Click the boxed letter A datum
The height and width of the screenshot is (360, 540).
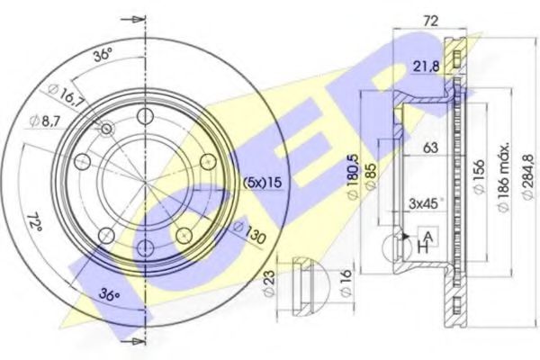[429, 235]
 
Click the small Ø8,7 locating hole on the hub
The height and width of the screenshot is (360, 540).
[107, 130]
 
